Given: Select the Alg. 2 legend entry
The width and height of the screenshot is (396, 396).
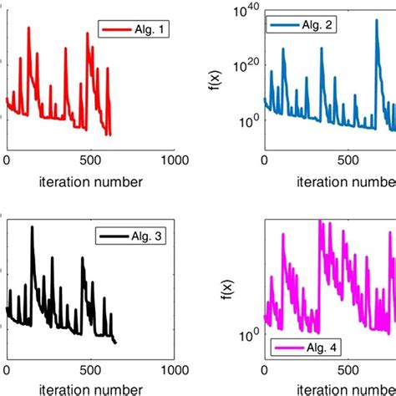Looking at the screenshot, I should (301, 26).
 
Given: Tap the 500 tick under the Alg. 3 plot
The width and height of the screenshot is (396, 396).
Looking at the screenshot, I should (89, 368).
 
